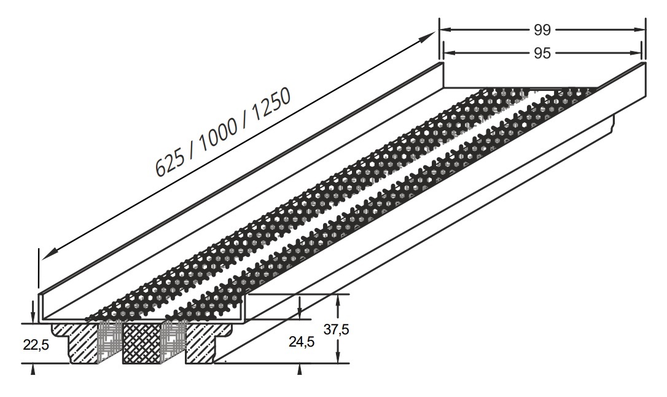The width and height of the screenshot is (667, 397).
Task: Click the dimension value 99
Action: click(542, 29)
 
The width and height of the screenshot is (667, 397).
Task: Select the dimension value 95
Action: click(542, 53)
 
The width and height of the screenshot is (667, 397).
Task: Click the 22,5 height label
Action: click(36, 345)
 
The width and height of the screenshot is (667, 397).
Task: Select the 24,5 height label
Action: click(302, 342)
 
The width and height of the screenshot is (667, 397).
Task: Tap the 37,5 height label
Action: click(336, 329)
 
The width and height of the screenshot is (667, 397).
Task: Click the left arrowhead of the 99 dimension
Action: click(445, 29)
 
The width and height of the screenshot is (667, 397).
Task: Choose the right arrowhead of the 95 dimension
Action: click(634, 53)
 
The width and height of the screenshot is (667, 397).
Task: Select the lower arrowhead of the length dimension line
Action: click(49, 253)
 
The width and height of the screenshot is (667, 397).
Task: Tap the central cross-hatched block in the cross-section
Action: click(142, 343)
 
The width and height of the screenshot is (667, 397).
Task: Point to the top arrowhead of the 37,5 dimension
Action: click(338, 301)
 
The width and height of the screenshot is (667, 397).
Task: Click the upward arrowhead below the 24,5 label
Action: click(300, 369)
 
